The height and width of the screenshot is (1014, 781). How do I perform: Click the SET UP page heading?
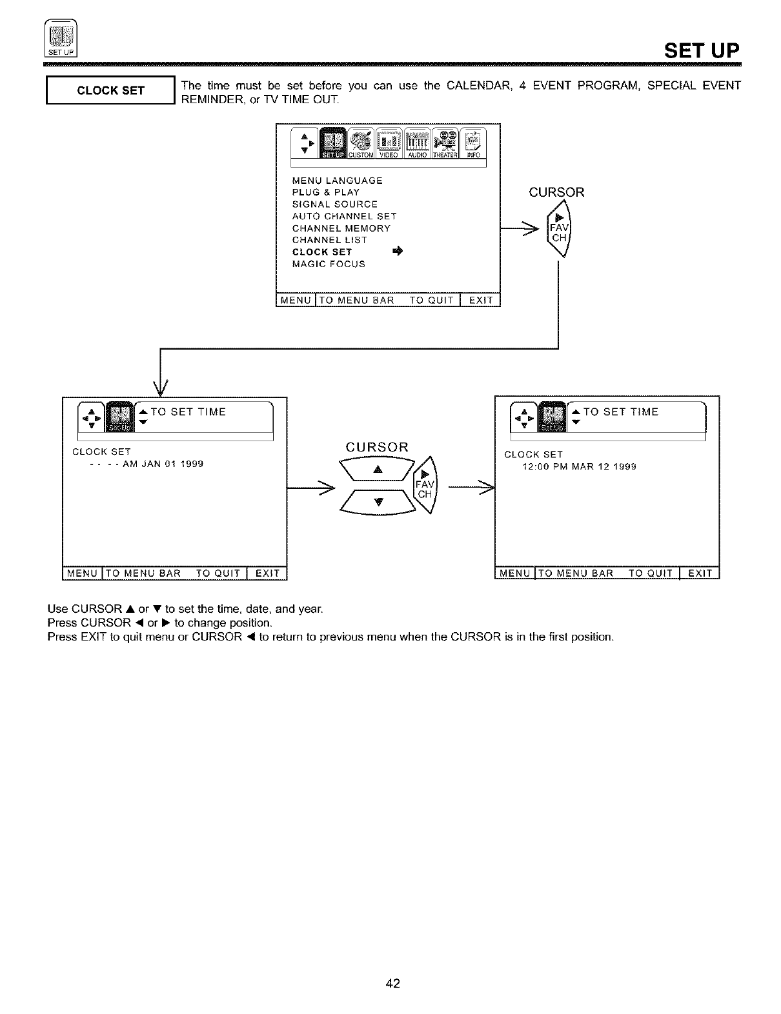tap(702, 50)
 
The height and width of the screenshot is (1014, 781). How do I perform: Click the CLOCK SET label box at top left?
tap(110, 90)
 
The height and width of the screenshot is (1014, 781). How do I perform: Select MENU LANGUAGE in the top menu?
tap(337, 181)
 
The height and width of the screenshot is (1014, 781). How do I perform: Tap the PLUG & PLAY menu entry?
tap(325, 192)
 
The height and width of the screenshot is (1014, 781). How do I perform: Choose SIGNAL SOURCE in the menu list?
tap(334, 204)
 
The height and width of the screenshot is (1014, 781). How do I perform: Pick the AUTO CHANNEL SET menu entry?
tap(344, 216)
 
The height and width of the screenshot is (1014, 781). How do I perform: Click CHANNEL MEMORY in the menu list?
tap(341, 228)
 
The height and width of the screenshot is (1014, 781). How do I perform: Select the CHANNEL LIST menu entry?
tap(329, 240)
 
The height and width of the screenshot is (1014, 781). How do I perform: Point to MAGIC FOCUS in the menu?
tap(328, 264)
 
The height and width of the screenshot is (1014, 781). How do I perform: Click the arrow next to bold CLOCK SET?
tap(396, 252)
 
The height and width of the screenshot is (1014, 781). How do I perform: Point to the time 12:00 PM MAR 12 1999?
tap(579, 466)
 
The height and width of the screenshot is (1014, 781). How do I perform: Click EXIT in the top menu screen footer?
tap(480, 300)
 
